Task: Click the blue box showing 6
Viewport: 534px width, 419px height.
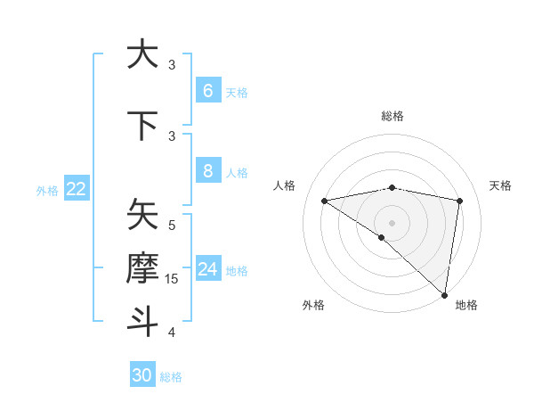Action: pos(207,90)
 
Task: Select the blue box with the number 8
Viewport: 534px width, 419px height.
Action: pos(207,170)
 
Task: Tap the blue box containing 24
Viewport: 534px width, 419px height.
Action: pos(207,268)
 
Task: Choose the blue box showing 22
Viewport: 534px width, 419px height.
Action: pos(77,189)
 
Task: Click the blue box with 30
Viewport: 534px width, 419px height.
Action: pos(142,375)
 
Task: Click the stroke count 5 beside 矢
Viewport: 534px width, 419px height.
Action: pos(172,225)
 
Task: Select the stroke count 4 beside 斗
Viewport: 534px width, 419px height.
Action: pos(172,333)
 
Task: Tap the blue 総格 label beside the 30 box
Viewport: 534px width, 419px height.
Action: pos(171,377)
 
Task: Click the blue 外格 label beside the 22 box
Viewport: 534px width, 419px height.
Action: pos(47,190)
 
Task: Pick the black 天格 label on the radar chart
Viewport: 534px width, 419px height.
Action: pos(500,185)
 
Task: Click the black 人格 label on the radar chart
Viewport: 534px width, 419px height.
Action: pos(285,185)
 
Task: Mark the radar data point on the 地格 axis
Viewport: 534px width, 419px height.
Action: pos(444,294)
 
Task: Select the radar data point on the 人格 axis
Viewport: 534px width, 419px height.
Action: pos(325,201)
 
